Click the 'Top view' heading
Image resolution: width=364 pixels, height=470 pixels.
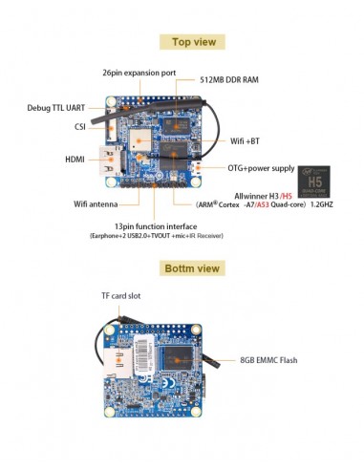coord(192,42)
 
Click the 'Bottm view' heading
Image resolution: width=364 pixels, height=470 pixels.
coord(192,268)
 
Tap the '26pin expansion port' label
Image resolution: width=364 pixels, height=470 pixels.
coord(139,73)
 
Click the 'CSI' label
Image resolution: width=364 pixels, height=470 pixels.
coord(81,126)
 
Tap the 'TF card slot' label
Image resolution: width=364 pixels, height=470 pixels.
coord(121,296)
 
